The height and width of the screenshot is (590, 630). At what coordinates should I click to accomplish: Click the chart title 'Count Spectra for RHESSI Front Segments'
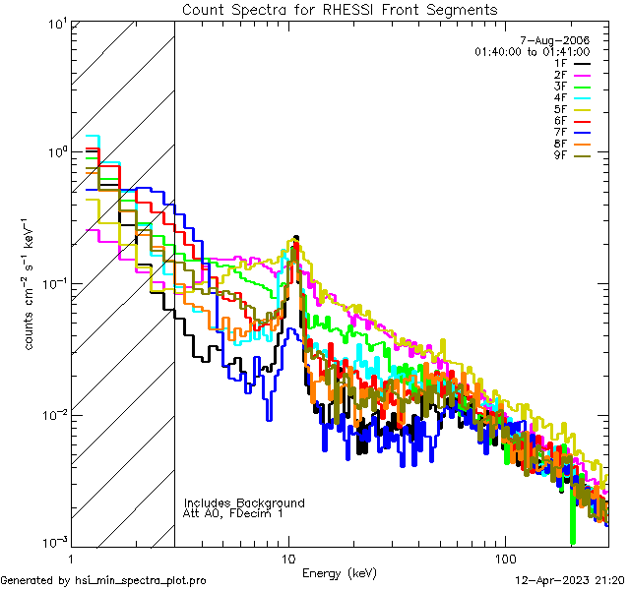(340, 9)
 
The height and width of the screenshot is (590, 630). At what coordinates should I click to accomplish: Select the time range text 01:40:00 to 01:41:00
(532, 51)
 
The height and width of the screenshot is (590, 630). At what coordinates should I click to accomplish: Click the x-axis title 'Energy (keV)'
(339, 573)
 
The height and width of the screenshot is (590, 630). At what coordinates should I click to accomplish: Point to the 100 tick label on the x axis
(504, 559)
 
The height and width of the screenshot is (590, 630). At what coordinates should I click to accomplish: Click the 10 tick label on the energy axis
(288, 559)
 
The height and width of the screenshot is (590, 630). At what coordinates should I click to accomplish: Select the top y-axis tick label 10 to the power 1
(55, 22)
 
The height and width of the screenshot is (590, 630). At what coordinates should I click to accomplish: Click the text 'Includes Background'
(244, 502)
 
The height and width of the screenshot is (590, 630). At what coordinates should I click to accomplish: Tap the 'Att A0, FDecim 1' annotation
(233, 513)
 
